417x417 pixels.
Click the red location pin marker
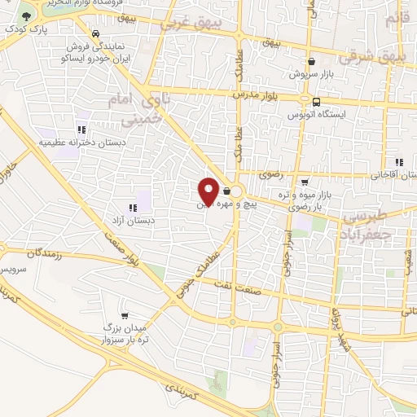coord(208,191)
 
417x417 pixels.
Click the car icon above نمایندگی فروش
coord(97,34)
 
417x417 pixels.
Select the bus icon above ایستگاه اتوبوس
coord(315,101)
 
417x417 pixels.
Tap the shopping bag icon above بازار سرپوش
coord(311,61)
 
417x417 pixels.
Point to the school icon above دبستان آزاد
coord(133,208)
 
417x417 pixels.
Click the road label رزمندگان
coord(46,255)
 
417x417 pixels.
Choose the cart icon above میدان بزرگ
coord(124,315)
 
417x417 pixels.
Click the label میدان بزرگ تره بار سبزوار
coord(122,332)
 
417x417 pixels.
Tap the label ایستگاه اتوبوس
coord(316,115)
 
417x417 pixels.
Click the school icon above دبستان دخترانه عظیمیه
coord(81,129)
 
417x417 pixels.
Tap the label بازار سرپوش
coord(312,74)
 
